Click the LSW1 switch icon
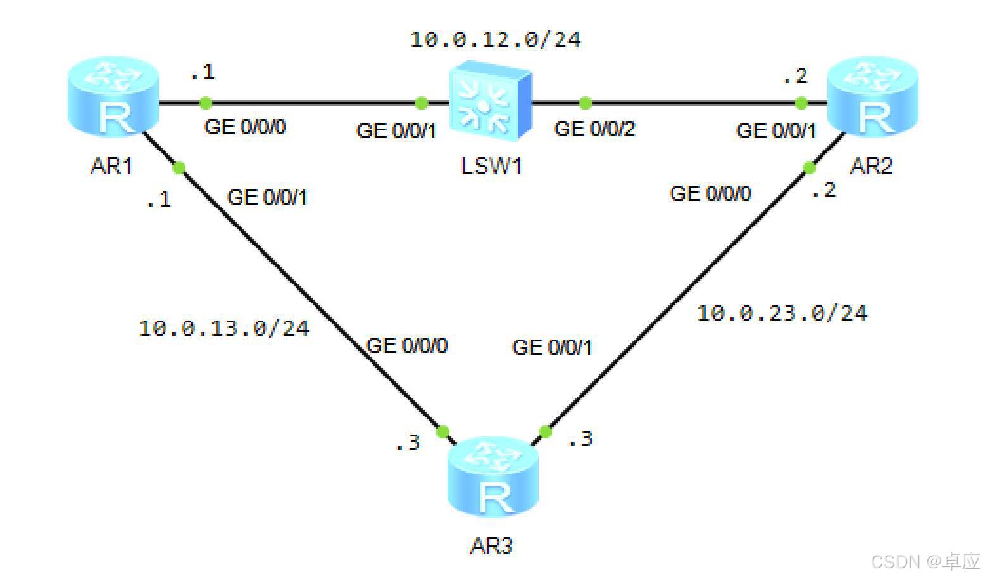click(x=491, y=99)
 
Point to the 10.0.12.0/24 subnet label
click(x=495, y=40)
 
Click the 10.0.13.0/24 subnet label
click(x=223, y=328)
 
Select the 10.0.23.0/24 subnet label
click(x=782, y=313)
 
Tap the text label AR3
click(x=491, y=546)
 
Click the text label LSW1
click(x=491, y=167)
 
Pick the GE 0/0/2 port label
click(x=594, y=129)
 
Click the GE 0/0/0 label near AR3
click(x=406, y=346)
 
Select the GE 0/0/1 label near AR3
click(x=552, y=347)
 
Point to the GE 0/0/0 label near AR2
click(x=710, y=193)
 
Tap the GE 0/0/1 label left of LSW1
click(x=396, y=130)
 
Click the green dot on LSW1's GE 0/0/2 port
click(x=585, y=103)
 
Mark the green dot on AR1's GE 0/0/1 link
click(x=179, y=168)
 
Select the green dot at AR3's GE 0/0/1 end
click(x=545, y=432)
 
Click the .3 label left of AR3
click(x=408, y=442)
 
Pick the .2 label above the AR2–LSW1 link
click(x=795, y=77)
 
